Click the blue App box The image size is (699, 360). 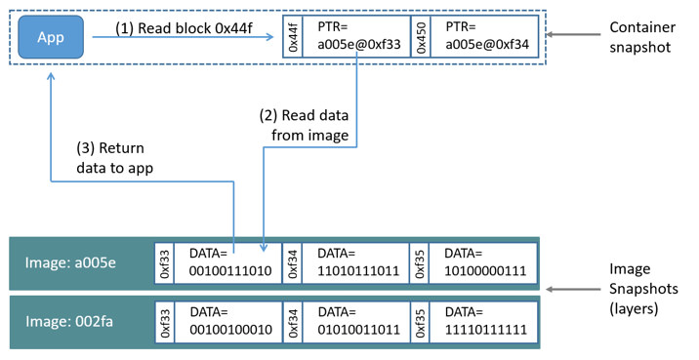click(51, 37)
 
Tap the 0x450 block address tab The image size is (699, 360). click(421, 37)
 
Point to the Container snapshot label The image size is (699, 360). click(641, 36)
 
